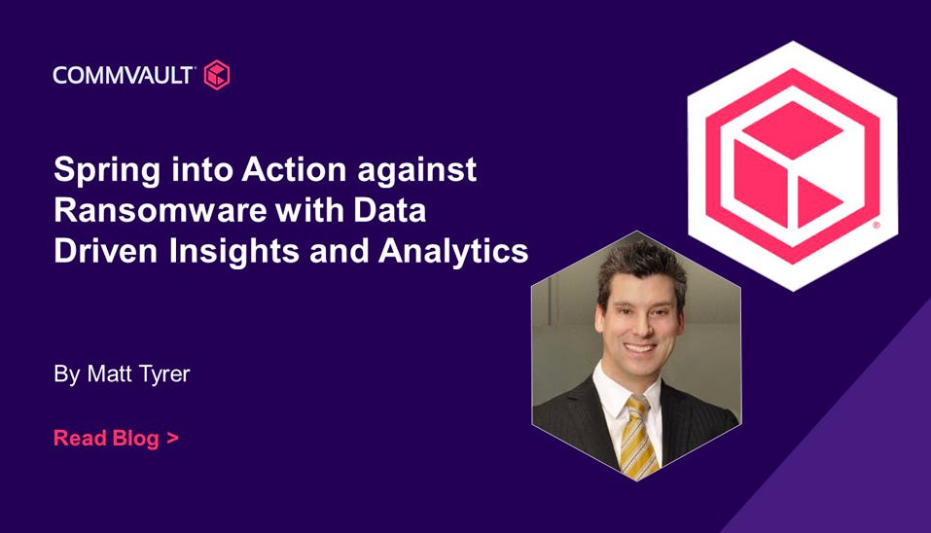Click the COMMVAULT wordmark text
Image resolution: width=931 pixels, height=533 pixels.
coord(123,76)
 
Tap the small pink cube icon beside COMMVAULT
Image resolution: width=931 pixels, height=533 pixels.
coord(217,75)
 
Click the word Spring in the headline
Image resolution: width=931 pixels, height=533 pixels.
coord(107,171)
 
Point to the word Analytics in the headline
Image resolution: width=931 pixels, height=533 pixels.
coord(453,252)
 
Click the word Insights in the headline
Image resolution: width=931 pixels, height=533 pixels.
coord(233,252)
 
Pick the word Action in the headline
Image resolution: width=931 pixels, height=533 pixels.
coord(294,170)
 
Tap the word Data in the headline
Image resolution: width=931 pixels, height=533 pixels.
coord(390,210)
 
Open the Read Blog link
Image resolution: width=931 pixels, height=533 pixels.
coord(116,438)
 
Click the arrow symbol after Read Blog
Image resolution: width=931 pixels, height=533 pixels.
coord(172,439)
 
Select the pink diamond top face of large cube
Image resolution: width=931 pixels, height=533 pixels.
coord(792,130)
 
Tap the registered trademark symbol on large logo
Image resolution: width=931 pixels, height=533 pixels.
coord(876,225)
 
